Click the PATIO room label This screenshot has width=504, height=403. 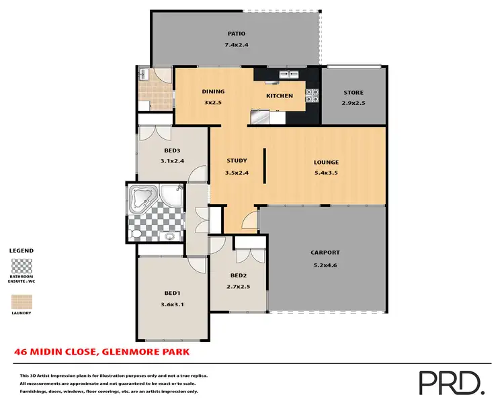[x=235, y=34]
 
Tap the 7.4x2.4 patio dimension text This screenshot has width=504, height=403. [x=235, y=45]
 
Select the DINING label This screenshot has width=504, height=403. [x=213, y=92]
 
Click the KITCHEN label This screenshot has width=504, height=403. [x=280, y=96]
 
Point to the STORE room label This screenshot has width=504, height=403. [x=353, y=93]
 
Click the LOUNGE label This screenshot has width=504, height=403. [x=326, y=163]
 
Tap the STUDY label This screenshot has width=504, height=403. [x=237, y=161]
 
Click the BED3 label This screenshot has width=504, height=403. [x=173, y=150]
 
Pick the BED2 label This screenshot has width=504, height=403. [x=239, y=275]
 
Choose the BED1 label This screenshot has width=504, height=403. [x=173, y=293]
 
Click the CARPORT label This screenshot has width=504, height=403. [x=325, y=253]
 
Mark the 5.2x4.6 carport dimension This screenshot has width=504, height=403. [x=325, y=264]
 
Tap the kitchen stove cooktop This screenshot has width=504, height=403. [x=312, y=96]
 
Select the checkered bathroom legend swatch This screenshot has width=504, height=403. [x=22, y=265]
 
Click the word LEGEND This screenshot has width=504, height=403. [x=22, y=251]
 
